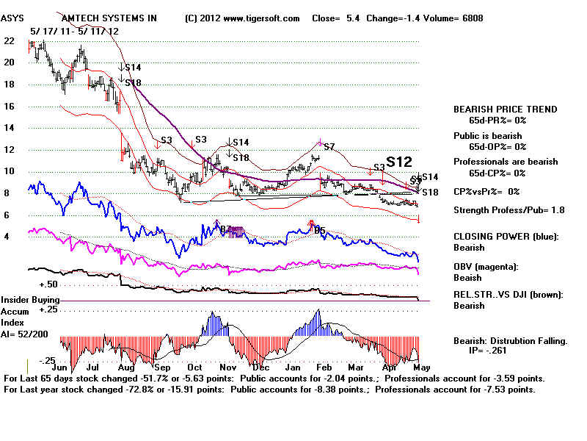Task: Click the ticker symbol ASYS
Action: coord(14,18)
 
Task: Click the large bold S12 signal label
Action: coord(399,162)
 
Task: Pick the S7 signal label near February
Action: coord(329,146)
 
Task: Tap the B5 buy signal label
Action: coord(319,230)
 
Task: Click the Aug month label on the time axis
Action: coord(125,367)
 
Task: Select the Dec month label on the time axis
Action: coord(258,367)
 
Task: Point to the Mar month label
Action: coord(356,367)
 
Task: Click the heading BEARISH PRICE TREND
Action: coord(505,110)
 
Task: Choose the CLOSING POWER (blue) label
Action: coord(506,237)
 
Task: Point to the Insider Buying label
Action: coord(30,300)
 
